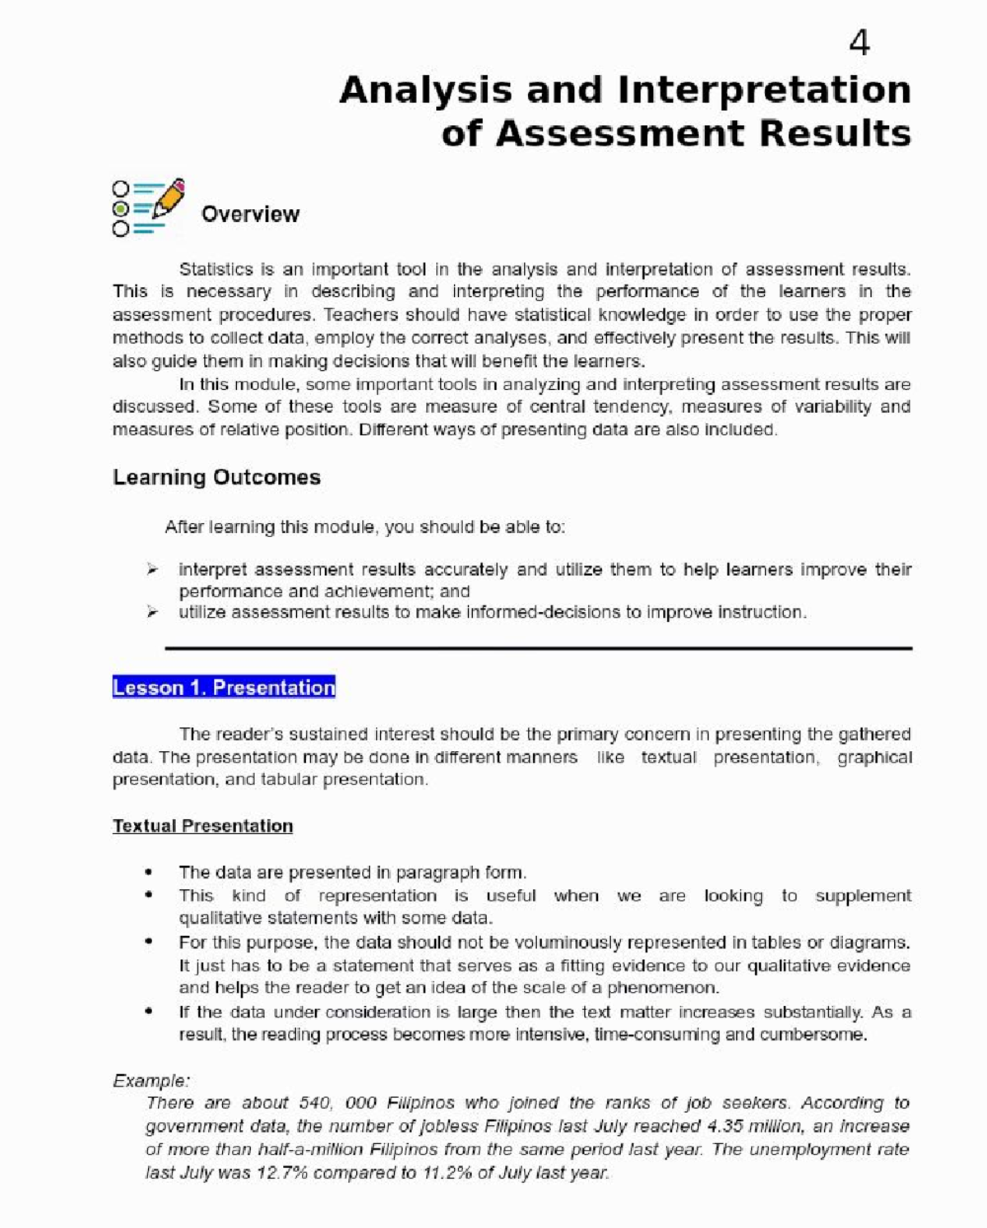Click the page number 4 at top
tap(859, 43)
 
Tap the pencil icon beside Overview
tap(169, 198)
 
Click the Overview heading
tap(250, 215)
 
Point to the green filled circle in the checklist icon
tap(121, 209)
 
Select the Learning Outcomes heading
tap(216, 478)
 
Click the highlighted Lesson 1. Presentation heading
tap(224, 688)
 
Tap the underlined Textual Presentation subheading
tap(202, 826)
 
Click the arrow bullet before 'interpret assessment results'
tap(151, 569)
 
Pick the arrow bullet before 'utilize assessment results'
tap(151, 612)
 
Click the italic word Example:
tap(151, 1081)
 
